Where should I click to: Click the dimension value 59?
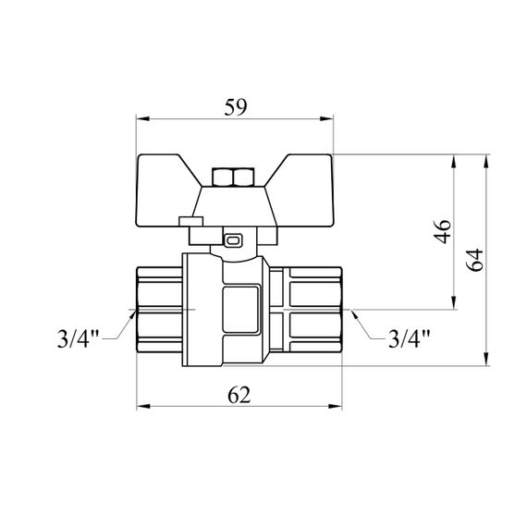tap(235, 107)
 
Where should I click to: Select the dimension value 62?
tap(239, 395)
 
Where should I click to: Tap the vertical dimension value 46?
tap(443, 231)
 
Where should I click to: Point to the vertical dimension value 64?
tap(474, 260)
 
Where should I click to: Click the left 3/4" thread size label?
tap(78, 338)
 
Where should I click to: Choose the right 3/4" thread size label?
tap(409, 338)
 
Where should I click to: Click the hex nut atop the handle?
tap(233, 178)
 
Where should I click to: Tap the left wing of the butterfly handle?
tap(165, 190)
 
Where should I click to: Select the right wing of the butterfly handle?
tap(301, 190)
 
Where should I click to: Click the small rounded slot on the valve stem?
tap(233, 240)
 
